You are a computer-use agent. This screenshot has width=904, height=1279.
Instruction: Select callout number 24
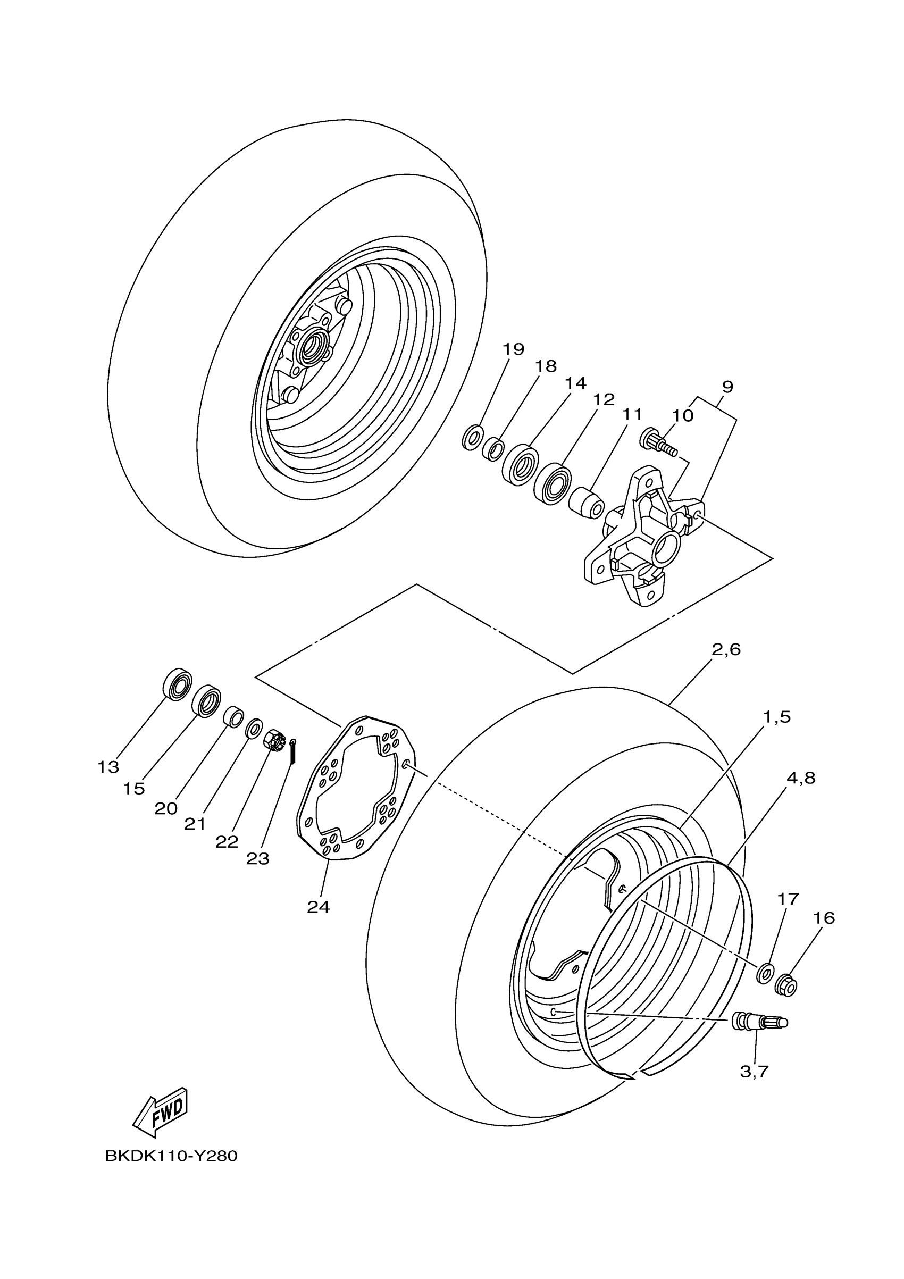pyautogui.click(x=318, y=907)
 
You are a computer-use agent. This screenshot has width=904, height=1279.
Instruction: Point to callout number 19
pyautogui.click(x=513, y=349)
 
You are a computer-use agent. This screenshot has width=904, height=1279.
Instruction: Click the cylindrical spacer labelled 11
pyautogui.click(x=587, y=502)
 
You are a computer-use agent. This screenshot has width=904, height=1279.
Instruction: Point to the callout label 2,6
pyautogui.click(x=726, y=649)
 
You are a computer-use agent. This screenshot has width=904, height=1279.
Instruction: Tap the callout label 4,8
pyautogui.click(x=800, y=778)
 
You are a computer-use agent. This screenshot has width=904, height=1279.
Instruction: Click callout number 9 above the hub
pyautogui.click(x=727, y=387)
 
